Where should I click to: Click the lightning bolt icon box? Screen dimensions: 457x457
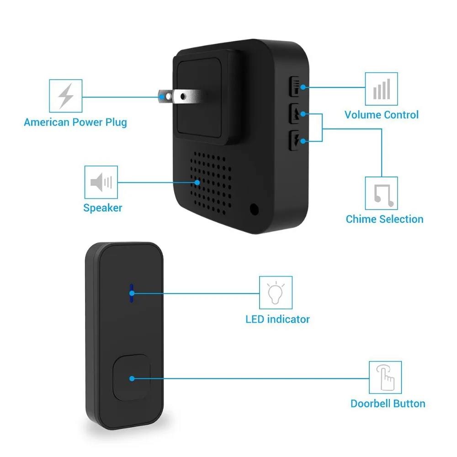pyautogui.click(x=65, y=96)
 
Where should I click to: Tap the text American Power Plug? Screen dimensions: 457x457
pyautogui.click(x=75, y=122)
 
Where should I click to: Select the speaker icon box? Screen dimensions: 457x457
pyautogui.click(x=101, y=182)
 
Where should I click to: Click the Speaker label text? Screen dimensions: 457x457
pyautogui.click(x=102, y=208)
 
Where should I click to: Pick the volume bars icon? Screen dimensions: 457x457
pyautogui.click(x=382, y=89)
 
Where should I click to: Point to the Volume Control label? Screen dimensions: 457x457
pyautogui.click(x=382, y=115)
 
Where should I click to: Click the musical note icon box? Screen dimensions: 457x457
pyautogui.click(x=382, y=193)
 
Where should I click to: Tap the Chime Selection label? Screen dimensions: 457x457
pyautogui.click(x=384, y=219)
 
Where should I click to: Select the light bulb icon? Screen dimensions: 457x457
pyautogui.click(x=276, y=293)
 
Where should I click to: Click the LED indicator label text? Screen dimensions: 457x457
pyautogui.click(x=277, y=319)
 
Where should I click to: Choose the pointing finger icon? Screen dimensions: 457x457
pyautogui.click(x=385, y=378)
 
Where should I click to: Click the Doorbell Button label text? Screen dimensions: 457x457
pyautogui.click(x=388, y=404)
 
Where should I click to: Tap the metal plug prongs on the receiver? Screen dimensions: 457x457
pyautogui.click(x=179, y=96)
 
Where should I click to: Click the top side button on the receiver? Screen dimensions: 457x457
pyautogui.click(x=295, y=86)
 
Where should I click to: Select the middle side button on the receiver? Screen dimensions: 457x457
pyautogui.click(x=295, y=113)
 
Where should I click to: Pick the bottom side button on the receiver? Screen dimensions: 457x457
pyautogui.click(x=295, y=140)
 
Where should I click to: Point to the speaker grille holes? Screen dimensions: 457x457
pyautogui.click(x=211, y=183)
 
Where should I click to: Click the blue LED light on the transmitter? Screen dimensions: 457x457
pyautogui.click(x=132, y=293)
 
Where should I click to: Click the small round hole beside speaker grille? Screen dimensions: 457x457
pyautogui.click(x=254, y=209)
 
